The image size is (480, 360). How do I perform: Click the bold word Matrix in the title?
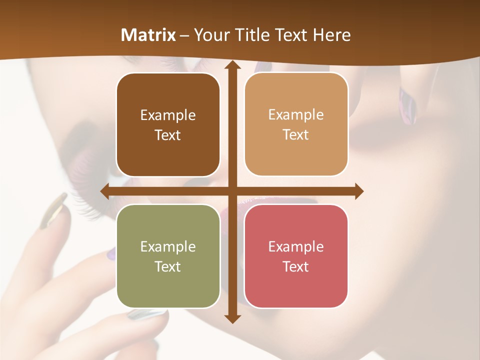pyautogui.click(x=148, y=35)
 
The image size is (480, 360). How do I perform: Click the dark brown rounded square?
pyautogui.click(x=168, y=125)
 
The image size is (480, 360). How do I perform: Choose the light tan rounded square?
pyautogui.click(x=296, y=124)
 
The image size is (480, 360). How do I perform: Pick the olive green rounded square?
pyautogui.click(x=168, y=256)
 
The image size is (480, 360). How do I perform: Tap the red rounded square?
pyautogui.click(x=296, y=256)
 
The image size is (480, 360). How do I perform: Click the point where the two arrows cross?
pyautogui.click(x=232, y=191)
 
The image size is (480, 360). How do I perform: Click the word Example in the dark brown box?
pyautogui.click(x=168, y=115)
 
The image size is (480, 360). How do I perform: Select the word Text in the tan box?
pyautogui.click(x=296, y=135)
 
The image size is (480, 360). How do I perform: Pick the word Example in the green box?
pyautogui.click(x=168, y=246)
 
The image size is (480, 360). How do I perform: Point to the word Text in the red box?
pyautogui.click(x=296, y=266)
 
